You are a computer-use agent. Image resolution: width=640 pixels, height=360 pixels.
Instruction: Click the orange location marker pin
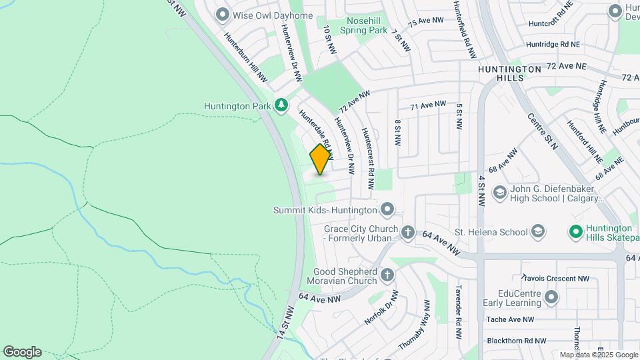pos(321,159)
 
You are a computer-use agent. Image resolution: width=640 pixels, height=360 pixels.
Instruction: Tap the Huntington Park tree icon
pos(281,105)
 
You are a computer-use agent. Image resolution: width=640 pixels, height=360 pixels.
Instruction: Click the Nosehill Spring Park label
pos(364,25)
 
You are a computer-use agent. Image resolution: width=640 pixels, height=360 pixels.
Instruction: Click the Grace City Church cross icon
pos(407,233)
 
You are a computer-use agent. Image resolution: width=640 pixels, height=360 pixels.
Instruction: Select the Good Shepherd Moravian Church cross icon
pos(387,275)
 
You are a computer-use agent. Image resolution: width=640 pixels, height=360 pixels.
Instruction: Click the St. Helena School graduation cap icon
pos(537,232)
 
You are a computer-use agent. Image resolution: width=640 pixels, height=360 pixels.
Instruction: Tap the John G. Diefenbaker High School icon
pos(499,193)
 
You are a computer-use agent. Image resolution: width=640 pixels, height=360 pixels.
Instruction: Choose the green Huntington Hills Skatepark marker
pos(575,232)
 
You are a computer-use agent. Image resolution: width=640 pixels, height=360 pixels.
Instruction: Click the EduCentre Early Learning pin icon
pos(551,297)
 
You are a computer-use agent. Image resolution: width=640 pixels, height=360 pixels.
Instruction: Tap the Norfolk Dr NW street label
pos(381,307)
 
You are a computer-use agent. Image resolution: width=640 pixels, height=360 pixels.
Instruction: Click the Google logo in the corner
pos(22,352)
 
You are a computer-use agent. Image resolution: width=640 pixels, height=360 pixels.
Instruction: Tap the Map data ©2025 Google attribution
pos(598,355)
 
